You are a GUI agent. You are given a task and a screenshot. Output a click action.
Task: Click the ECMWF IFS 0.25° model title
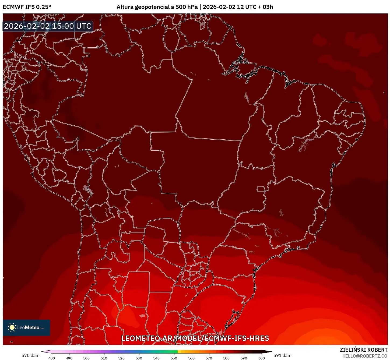pyautogui.click(x=27, y=7)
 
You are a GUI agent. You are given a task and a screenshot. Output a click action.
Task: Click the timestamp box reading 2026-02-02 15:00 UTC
pyautogui.click(x=48, y=26)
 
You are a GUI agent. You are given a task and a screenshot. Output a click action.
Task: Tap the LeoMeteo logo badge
pyautogui.click(x=26, y=327)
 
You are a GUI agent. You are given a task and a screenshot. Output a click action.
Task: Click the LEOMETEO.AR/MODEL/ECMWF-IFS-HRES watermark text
pyautogui.click(x=195, y=338)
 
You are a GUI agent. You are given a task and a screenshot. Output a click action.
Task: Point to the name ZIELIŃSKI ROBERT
pyautogui.click(x=363, y=350)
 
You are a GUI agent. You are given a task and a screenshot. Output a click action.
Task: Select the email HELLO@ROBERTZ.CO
pyautogui.click(x=365, y=356)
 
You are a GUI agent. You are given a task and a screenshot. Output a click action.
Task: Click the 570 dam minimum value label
pyautogui.click(x=30, y=355)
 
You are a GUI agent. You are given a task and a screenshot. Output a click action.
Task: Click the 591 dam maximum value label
pyautogui.click(x=282, y=355)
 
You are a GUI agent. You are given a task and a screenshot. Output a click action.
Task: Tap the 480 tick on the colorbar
pyautogui.click(x=52, y=358)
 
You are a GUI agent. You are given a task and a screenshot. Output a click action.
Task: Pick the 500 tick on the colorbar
pyautogui.click(x=86, y=358)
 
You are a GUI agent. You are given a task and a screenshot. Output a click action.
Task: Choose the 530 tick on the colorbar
pyautogui.click(x=139, y=358)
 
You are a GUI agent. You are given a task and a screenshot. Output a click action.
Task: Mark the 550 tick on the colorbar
pyautogui.click(x=174, y=358)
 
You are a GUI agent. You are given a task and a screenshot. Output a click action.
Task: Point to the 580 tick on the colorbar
pyautogui.click(x=226, y=358)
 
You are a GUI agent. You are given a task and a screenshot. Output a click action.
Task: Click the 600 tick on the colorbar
pyautogui.click(x=261, y=358)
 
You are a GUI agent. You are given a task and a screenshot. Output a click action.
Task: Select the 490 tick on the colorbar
pyautogui.click(x=69, y=358)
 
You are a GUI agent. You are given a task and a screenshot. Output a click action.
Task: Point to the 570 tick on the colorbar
pyautogui.click(x=209, y=358)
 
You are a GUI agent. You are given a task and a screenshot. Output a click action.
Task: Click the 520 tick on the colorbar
pyautogui.click(x=121, y=358)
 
